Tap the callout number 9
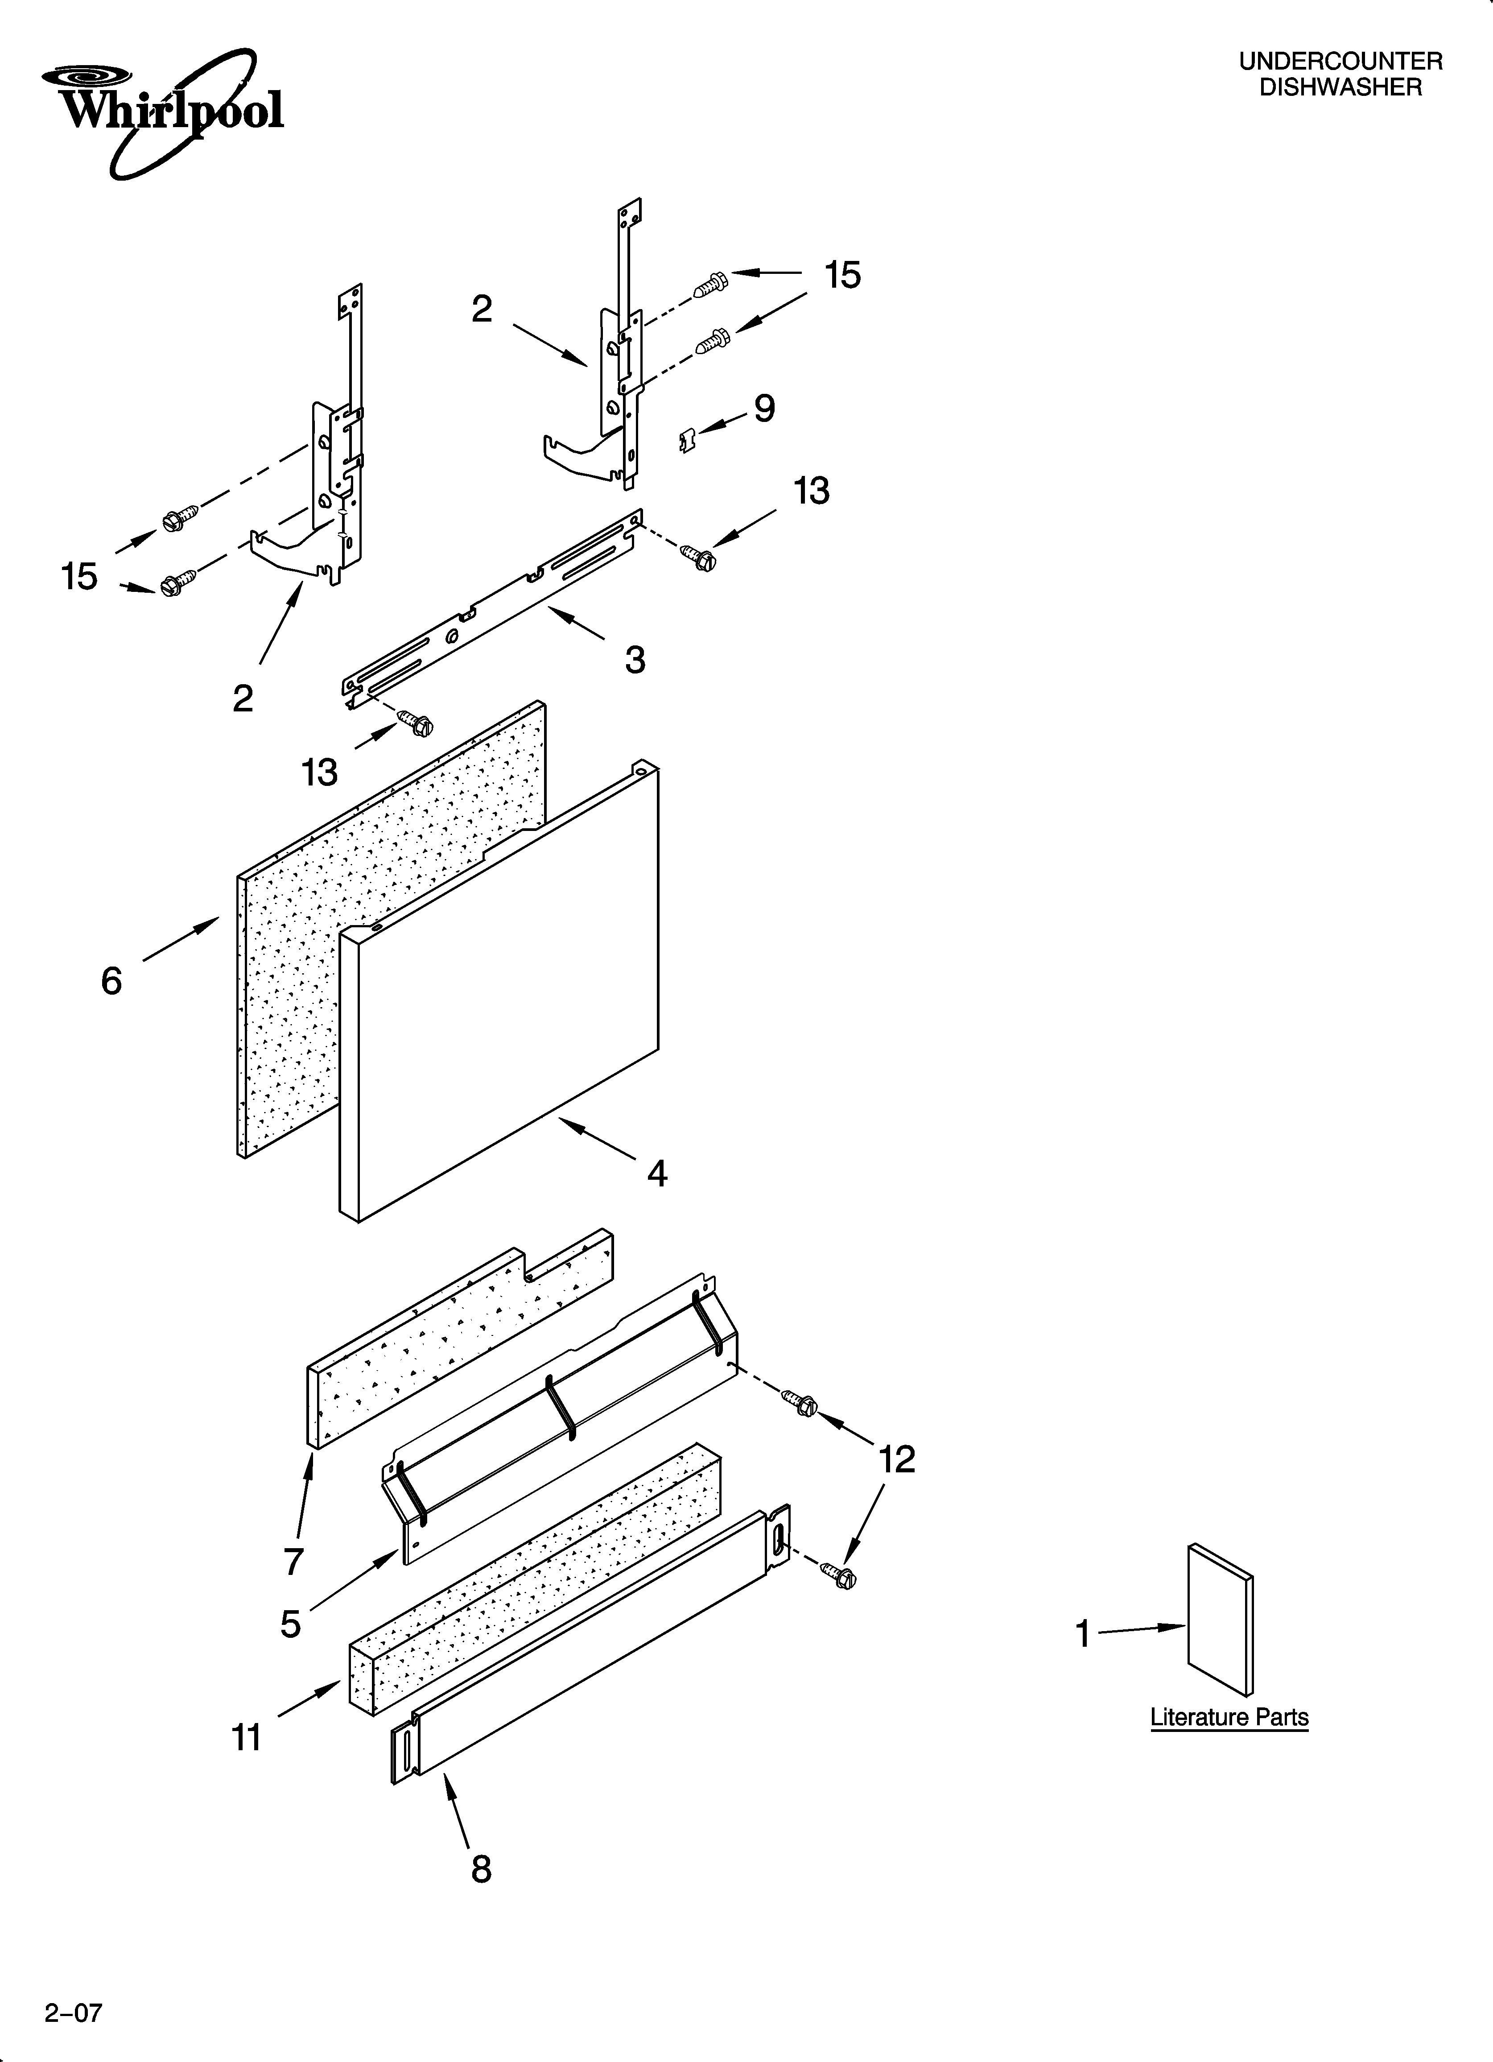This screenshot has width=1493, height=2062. [765, 409]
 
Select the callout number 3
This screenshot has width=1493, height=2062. [635, 659]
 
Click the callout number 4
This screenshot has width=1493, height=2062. [656, 1174]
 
